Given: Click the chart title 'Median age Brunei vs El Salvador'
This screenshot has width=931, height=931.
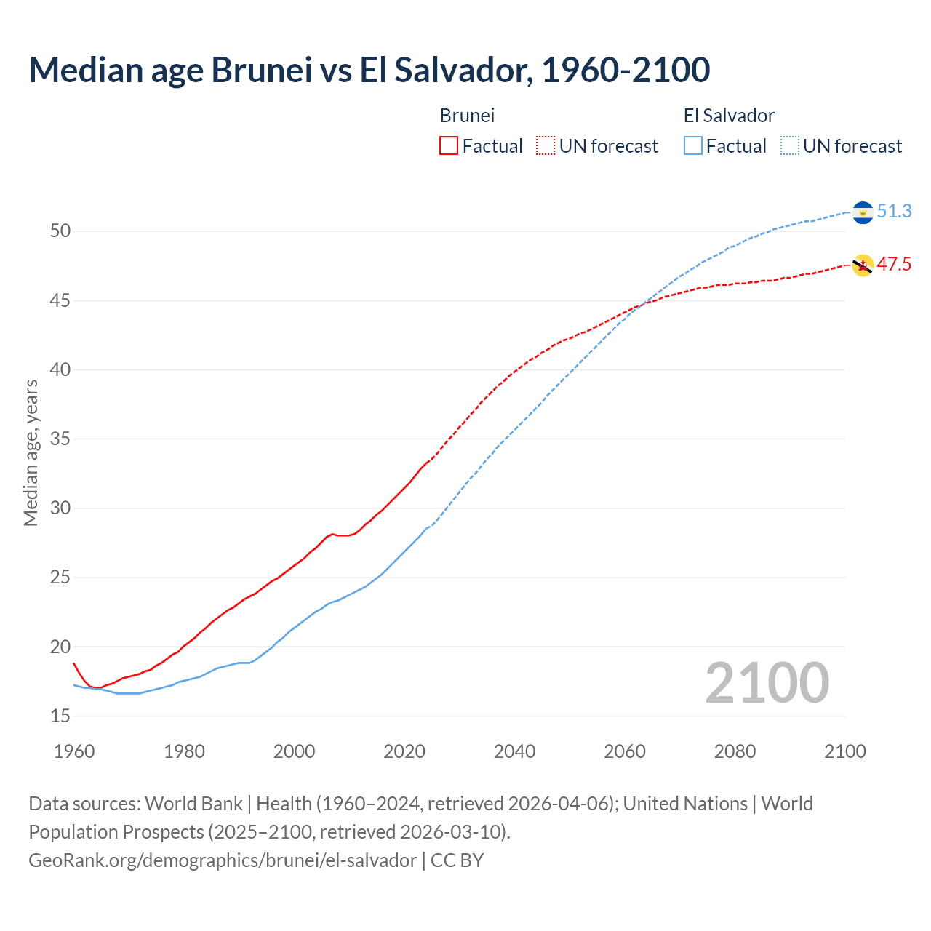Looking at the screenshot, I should (369, 70).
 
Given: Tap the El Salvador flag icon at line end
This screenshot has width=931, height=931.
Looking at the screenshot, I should (863, 212).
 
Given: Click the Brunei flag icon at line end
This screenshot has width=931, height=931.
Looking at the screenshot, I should (863, 265).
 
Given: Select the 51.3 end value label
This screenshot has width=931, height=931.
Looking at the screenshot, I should (894, 212).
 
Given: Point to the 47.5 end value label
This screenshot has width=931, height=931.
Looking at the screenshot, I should (894, 264).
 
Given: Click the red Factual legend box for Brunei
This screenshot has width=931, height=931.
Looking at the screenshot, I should (449, 146).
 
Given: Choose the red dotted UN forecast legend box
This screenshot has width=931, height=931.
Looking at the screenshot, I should (546, 146).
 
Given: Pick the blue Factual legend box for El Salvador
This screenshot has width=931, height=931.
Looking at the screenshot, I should (693, 146).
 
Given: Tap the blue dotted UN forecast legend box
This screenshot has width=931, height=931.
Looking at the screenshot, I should (790, 146).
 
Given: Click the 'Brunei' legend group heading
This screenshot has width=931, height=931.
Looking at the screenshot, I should (467, 116).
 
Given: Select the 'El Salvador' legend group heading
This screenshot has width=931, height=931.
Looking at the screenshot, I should (729, 116).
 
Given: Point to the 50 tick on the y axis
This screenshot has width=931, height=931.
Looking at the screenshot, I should (60, 231).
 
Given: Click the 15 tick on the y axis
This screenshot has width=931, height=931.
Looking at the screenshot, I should (60, 716).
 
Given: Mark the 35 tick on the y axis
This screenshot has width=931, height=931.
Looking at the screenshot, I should (60, 439).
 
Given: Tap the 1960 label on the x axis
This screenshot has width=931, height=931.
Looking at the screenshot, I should (74, 751).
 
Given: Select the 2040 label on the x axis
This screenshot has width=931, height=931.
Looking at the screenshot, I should (514, 751).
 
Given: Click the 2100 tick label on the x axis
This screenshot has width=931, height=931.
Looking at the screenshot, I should (844, 751).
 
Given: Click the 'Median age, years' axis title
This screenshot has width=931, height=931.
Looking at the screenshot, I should (31, 452).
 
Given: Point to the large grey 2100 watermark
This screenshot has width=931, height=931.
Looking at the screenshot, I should (767, 683).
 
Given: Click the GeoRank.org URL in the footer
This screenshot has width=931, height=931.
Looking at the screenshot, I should (223, 860).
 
